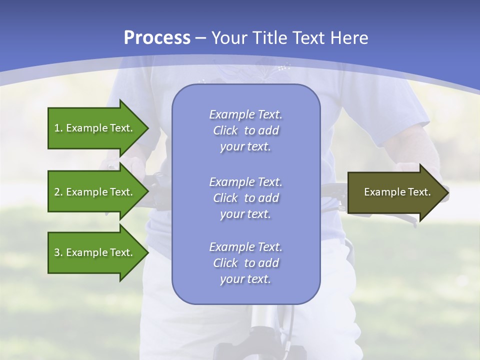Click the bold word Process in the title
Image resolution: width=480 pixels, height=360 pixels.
157,38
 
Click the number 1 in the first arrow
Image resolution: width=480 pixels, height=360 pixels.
57,128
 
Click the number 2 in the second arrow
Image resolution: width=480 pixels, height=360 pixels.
57,192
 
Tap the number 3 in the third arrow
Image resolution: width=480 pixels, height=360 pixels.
57,252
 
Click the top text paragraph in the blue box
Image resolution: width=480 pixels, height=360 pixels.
245,130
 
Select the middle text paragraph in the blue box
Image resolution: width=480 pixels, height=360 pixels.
245,198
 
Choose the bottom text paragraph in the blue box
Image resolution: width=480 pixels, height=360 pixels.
245,263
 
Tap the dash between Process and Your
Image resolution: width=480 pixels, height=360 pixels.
201,38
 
